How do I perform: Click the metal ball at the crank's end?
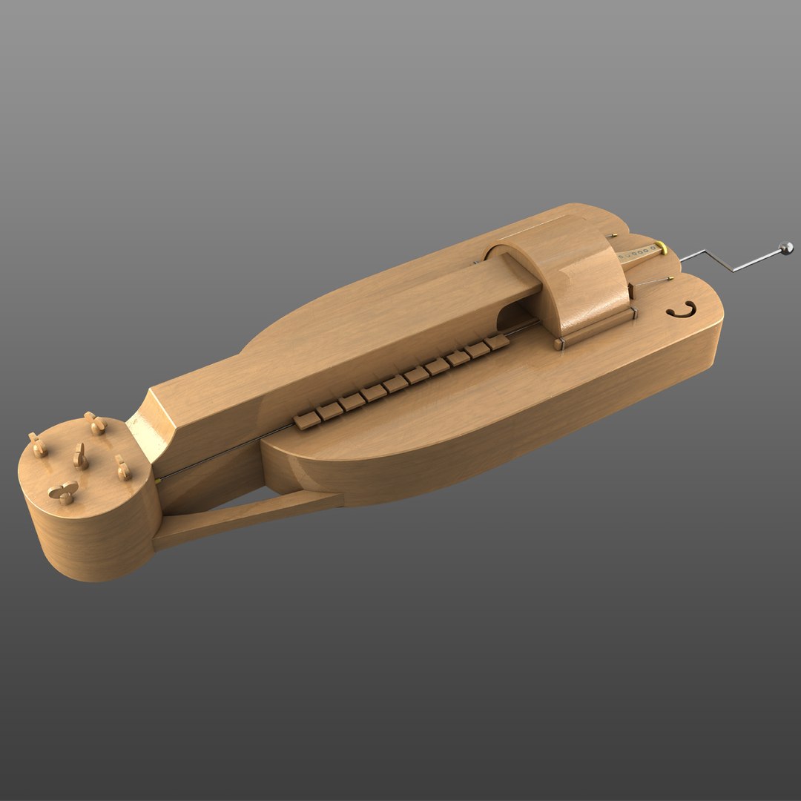(786, 248)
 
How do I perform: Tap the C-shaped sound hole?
(681, 310)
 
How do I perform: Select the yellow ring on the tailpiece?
(660, 245)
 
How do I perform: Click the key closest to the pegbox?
(306, 421)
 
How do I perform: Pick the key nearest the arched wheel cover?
(498, 341)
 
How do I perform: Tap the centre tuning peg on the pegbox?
(80, 458)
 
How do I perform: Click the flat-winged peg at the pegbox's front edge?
(64, 491)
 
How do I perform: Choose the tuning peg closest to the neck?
(122, 467)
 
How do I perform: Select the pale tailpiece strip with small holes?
(639, 254)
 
